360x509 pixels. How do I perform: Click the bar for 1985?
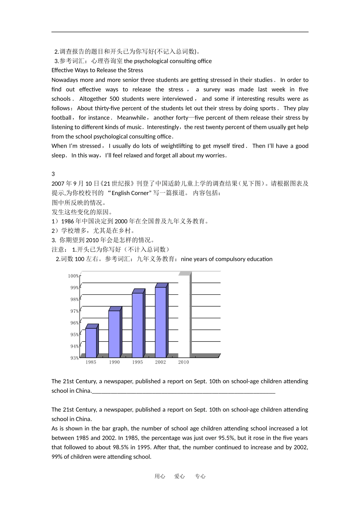pyautogui.click(x=91, y=342)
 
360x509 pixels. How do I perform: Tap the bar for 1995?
pyautogui.click(x=137, y=325)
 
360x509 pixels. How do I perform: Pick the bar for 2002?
pyautogui.click(x=160, y=322)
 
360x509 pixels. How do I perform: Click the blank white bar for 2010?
pyautogui.click(x=184, y=316)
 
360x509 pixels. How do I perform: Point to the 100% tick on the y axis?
pyautogui.click(x=74, y=276)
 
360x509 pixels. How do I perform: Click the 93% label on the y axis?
pyautogui.click(x=74, y=358)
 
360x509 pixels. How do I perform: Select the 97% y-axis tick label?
pyautogui.click(x=74, y=311)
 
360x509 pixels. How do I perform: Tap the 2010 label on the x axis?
pyautogui.click(x=183, y=362)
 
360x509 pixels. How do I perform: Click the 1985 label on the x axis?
pyautogui.click(x=91, y=362)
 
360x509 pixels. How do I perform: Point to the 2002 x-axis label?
pyautogui.click(x=160, y=362)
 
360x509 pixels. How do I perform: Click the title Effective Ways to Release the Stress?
pyautogui.click(x=97, y=70)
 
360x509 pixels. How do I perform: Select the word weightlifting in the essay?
pyautogui.click(x=177, y=146)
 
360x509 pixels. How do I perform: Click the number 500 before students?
pyautogui.click(x=114, y=99)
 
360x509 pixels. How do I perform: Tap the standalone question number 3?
pyautogui.click(x=53, y=174)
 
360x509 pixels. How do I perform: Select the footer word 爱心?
pyautogui.click(x=179, y=476)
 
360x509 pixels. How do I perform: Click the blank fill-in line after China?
pyautogui.click(x=183, y=391)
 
